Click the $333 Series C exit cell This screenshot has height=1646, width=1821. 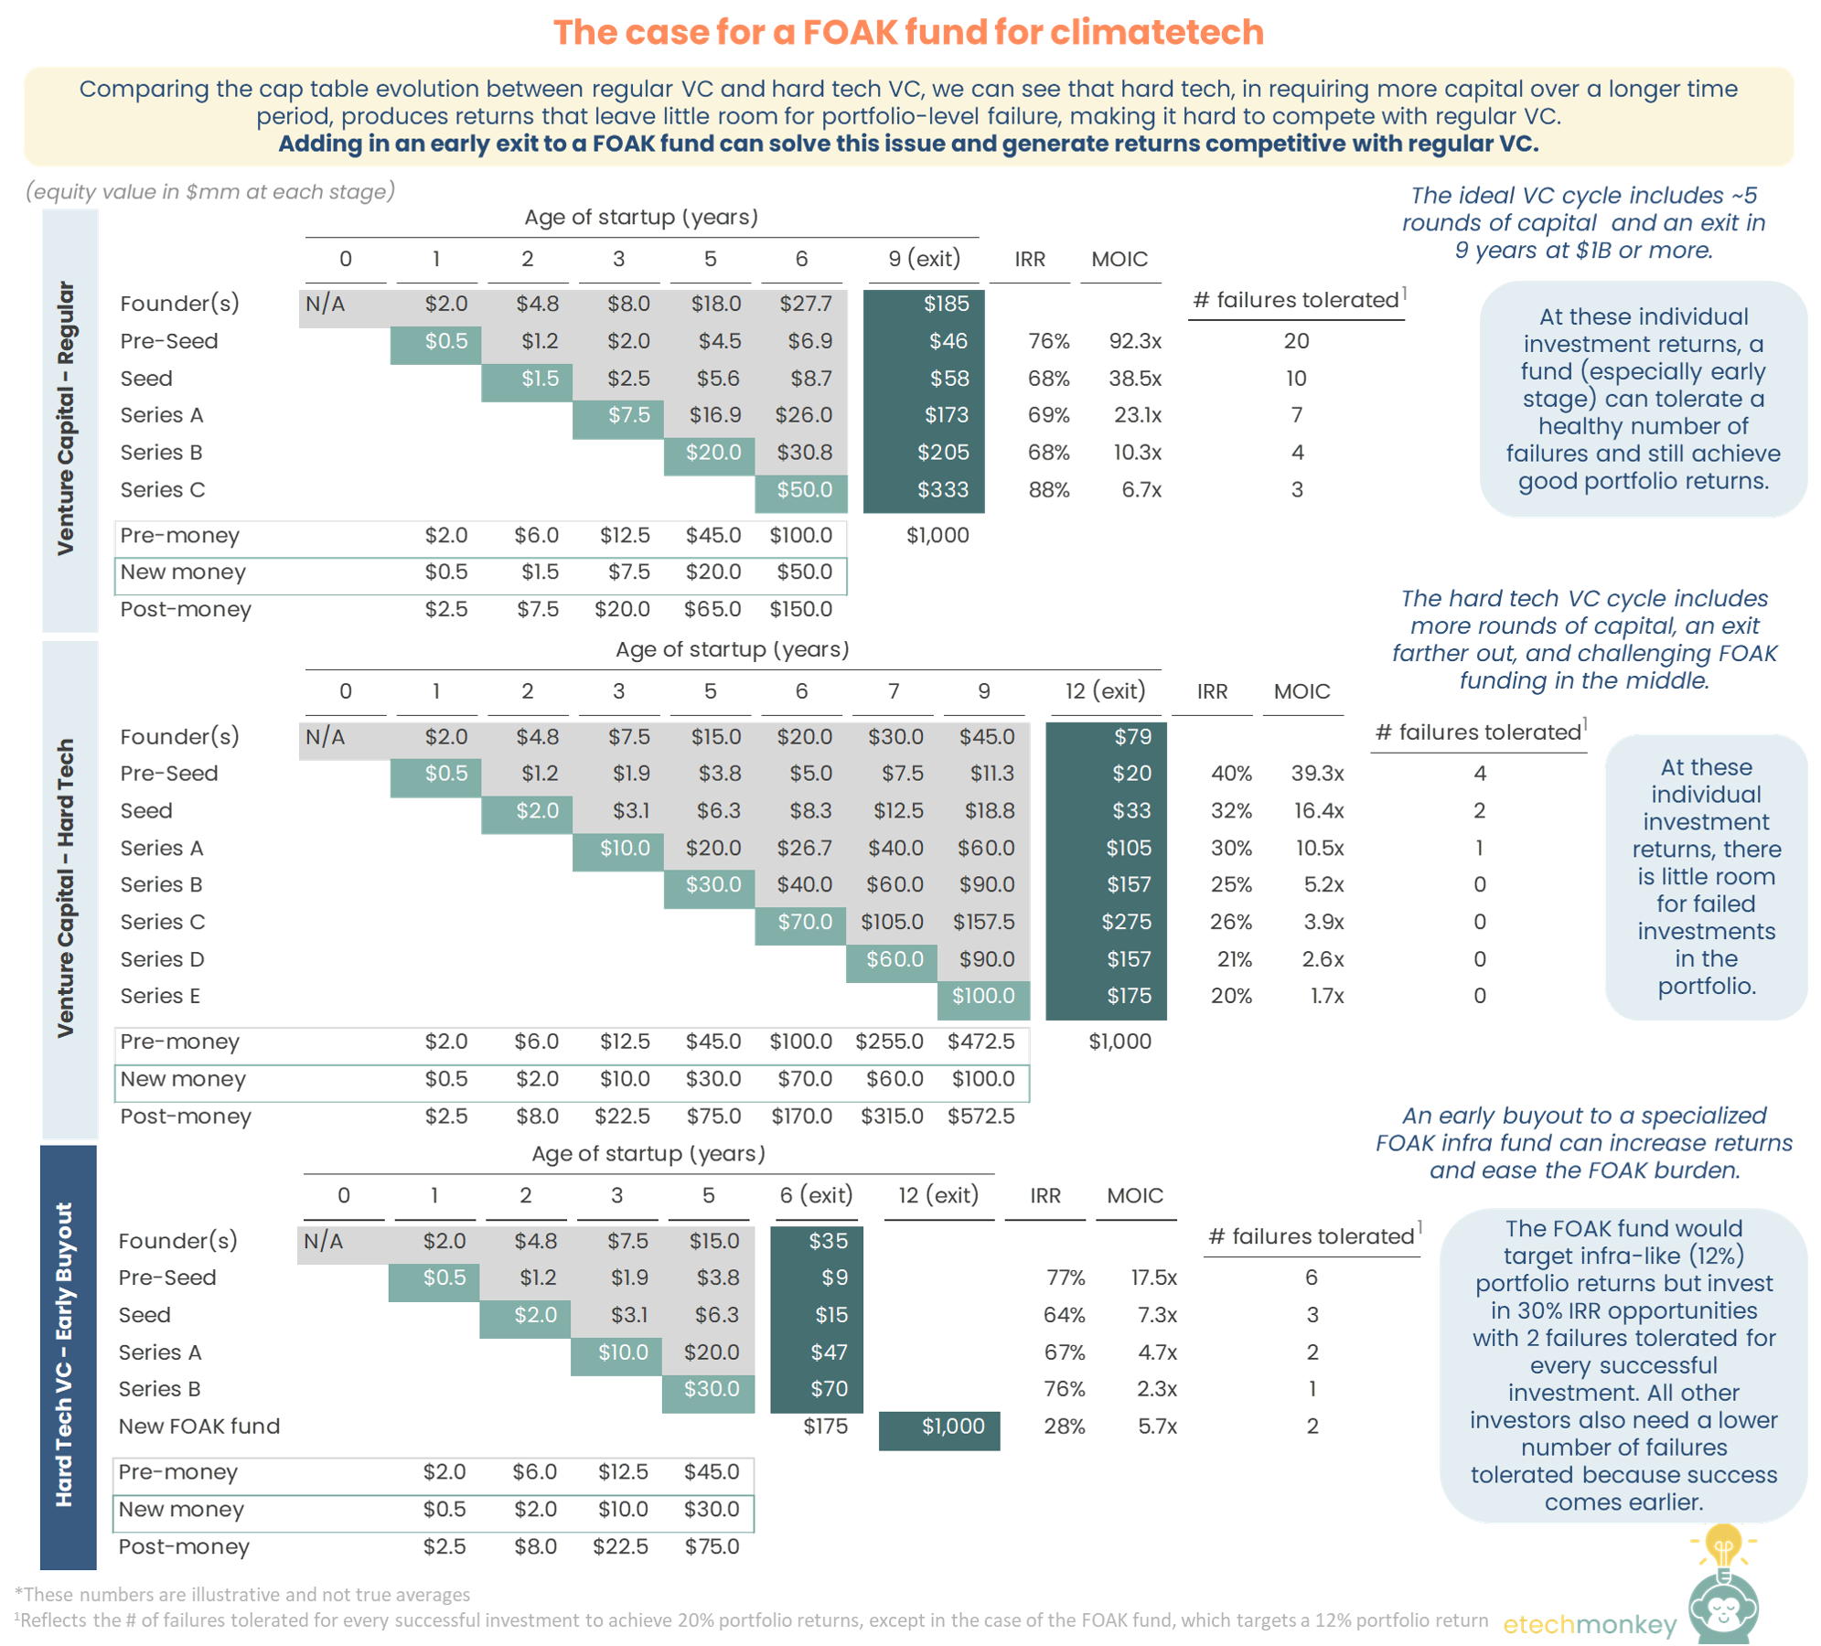click(x=942, y=490)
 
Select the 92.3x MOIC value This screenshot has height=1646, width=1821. click(x=1134, y=341)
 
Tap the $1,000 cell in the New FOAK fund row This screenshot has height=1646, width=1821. click(x=952, y=1427)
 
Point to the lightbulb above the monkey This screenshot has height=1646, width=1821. click(x=1723, y=1548)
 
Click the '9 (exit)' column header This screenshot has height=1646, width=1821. click(x=924, y=259)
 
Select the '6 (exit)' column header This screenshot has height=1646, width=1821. click(x=816, y=1195)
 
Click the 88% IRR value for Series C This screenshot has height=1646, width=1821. click(x=1048, y=490)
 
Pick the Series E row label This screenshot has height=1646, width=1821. click(x=160, y=996)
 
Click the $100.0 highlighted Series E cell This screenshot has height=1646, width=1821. click(x=983, y=996)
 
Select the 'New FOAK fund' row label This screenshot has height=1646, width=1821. click(x=198, y=1427)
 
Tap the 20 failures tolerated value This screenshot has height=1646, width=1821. click(x=1296, y=341)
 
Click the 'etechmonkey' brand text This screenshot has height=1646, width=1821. click(x=1590, y=1624)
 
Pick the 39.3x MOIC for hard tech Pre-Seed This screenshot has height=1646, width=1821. click(x=1317, y=774)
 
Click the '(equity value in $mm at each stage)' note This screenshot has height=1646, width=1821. click(x=210, y=192)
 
